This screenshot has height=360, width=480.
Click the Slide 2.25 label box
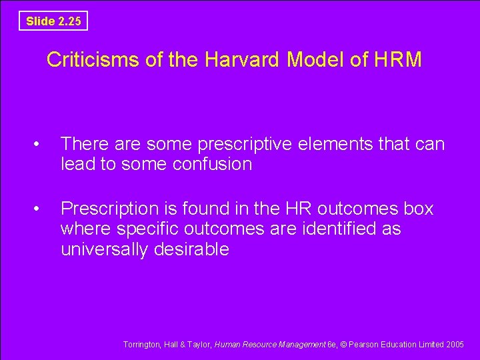53,21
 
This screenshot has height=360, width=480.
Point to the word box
419,209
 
